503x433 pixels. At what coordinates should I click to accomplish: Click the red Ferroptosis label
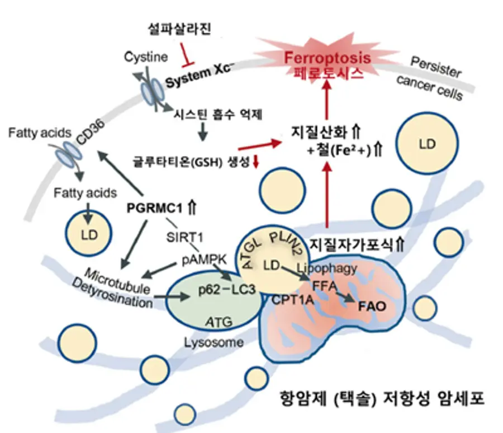click(327, 58)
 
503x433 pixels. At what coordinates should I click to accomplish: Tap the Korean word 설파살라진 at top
click(179, 29)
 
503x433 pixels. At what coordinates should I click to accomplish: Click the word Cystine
click(146, 57)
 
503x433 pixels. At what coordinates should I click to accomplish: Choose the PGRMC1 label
click(154, 208)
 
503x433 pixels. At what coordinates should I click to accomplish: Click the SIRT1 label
click(185, 237)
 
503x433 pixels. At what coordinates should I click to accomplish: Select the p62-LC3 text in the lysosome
click(227, 290)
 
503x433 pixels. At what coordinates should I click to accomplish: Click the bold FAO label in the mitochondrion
click(372, 306)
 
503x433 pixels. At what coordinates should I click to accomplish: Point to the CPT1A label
click(292, 300)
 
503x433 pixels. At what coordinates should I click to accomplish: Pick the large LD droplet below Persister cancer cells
click(427, 143)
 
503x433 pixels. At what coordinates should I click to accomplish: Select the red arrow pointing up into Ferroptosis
click(327, 100)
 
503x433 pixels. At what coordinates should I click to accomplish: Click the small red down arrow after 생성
click(255, 161)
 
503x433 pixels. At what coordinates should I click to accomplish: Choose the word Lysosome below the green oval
click(213, 342)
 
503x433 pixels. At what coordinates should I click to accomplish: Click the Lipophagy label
click(326, 268)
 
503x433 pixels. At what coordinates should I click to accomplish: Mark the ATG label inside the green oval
click(219, 322)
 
